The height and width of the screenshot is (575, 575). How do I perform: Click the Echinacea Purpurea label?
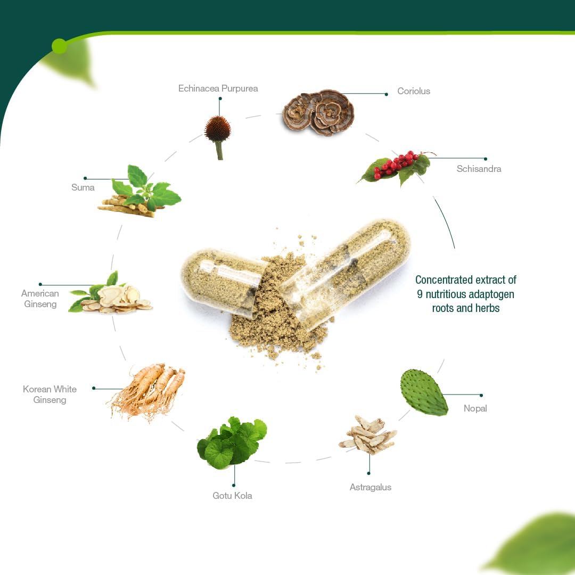click(218, 88)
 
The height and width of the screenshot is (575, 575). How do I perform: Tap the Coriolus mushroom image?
click(318, 112)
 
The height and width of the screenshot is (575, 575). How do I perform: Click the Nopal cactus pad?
click(424, 392)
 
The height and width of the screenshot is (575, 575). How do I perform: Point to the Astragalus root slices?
click(367, 434)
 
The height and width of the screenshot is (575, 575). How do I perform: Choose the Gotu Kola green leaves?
click(232, 442)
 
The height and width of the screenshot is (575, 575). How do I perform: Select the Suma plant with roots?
click(139, 192)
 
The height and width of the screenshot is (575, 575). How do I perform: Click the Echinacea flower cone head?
click(218, 129)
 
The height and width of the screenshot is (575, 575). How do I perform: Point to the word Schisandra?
click(479, 169)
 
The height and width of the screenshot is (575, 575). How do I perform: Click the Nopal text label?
click(475, 408)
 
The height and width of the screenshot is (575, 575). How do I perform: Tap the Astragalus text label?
click(371, 487)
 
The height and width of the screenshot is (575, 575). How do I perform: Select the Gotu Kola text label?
click(232, 496)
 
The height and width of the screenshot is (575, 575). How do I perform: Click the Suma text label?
click(83, 187)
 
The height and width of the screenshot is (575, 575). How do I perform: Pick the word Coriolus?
click(414, 91)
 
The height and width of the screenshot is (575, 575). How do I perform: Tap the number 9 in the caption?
click(420, 294)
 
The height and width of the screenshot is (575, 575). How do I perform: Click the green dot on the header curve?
click(60, 46)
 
